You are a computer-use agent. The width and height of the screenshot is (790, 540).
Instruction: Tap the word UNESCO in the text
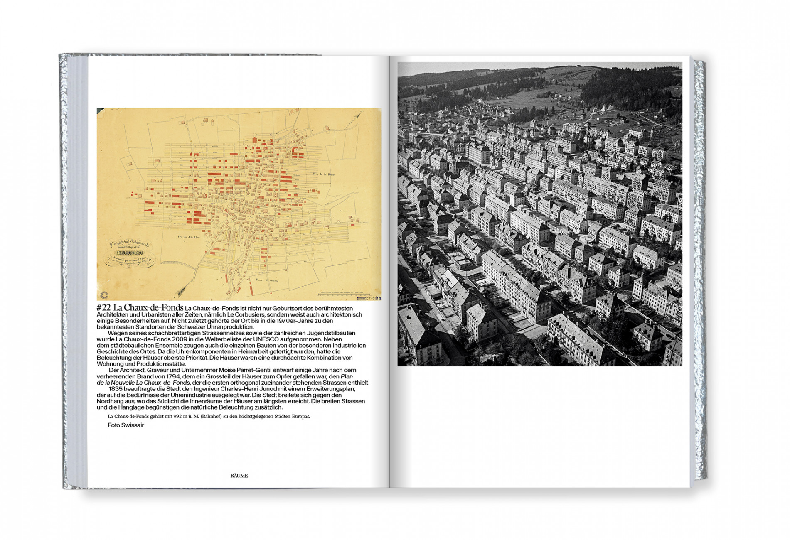pos(266,339)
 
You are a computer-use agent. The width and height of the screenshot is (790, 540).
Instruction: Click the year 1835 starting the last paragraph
pos(116,389)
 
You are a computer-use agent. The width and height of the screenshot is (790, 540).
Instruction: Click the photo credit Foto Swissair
pos(126,425)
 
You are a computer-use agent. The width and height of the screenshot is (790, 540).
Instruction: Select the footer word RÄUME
pos(239,476)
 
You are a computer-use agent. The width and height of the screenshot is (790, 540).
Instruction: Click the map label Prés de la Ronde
pos(324,174)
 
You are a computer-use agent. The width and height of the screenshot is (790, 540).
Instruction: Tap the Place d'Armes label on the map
pos(266,280)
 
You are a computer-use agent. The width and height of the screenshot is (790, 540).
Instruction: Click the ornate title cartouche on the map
pos(129,253)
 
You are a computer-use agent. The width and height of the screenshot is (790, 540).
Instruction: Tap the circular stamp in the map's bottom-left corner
pos(104,295)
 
